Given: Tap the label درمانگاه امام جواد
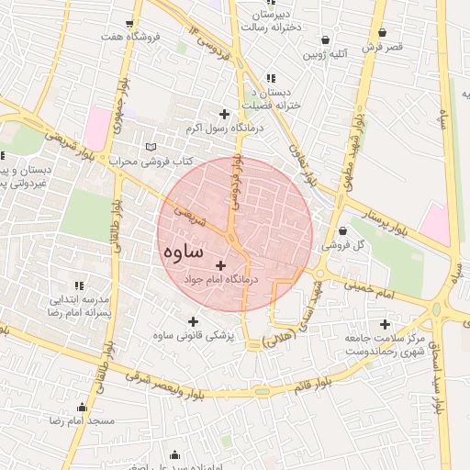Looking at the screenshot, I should point(223,277).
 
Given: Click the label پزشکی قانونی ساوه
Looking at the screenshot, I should point(193,336).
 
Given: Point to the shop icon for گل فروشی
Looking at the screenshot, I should point(342,230).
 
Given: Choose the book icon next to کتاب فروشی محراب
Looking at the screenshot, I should point(151,147).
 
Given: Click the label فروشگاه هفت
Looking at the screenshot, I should point(131,37).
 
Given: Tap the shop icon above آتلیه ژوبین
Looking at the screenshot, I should point(326,40).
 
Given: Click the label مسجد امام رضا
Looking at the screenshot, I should point(83,420).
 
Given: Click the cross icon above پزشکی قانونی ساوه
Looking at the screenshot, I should point(193,322).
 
